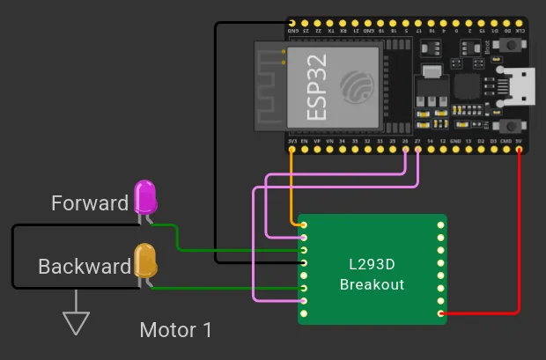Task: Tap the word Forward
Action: click(90, 203)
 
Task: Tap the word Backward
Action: click(85, 266)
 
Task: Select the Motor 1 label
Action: click(176, 330)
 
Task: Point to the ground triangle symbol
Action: click(77, 323)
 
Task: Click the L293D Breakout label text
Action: click(372, 274)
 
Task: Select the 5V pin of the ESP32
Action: click(520, 150)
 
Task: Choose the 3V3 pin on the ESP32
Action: click(292, 150)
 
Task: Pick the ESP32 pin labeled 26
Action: click(405, 150)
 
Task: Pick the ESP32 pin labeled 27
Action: click(417, 150)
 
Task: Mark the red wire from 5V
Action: click(520, 238)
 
